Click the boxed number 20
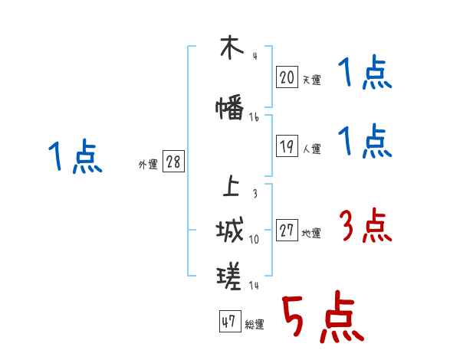(x=287, y=77)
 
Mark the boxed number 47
(x=228, y=322)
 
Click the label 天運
(x=311, y=80)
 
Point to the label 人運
(x=311, y=149)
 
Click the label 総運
(x=254, y=325)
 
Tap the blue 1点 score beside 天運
(x=365, y=74)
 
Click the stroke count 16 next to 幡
(x=254, y=118)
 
